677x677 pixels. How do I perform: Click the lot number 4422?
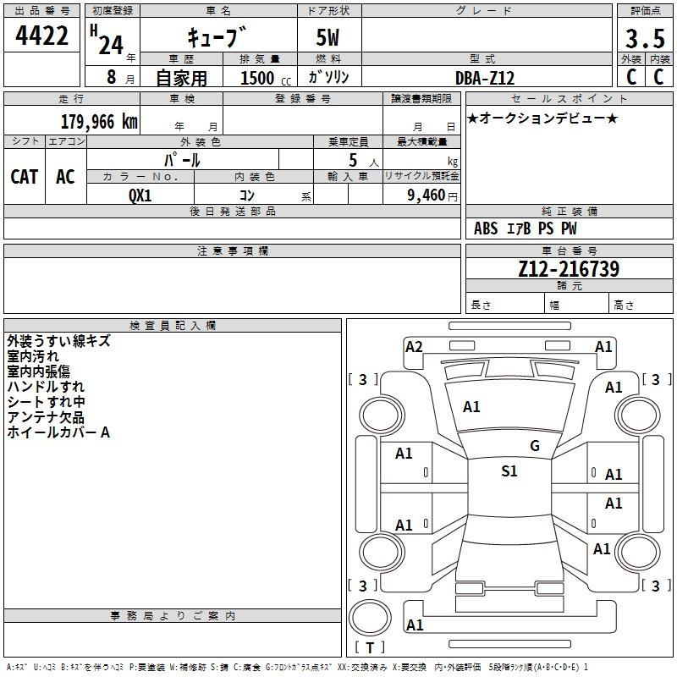click(x=41, y=36)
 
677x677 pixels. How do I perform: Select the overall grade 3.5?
click(x=645, y=38)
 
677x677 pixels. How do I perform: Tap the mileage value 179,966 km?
click(x=99, y=122)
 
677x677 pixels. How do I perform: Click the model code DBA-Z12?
click(x=485, y=78)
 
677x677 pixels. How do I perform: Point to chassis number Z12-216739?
click(x=569, y=269)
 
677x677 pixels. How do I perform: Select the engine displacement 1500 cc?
click(x=266, y=78)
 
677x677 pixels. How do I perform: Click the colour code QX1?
click(x=140, y=195)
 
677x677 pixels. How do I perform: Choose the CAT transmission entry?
click(x=25, y=177)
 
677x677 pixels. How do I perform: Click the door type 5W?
click(x=327, y=37)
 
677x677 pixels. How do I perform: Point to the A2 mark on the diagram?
click(x=414, y=347)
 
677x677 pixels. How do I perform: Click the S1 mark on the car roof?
click(x=509, y=471)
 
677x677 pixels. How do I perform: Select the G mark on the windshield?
click(x=535, y=446)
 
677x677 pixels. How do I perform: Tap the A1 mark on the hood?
click(x=471, y=407)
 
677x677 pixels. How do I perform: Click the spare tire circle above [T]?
click(x=370, y=618)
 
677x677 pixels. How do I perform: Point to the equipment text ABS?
click(x=486, y=228)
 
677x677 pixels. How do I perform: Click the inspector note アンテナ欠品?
click(x=46, y=417)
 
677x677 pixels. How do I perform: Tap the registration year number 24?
click(x=111, y=46)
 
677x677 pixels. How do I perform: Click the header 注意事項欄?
click(x=233, y=250)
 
